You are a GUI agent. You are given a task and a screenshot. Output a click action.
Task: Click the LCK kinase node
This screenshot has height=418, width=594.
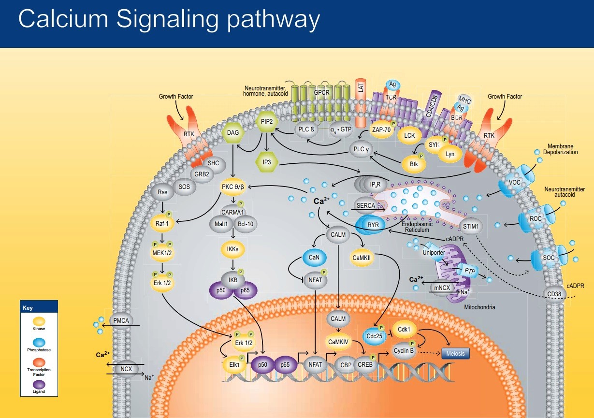tap(410, 136)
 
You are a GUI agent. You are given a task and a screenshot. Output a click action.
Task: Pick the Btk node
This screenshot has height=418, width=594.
tap(414, 164)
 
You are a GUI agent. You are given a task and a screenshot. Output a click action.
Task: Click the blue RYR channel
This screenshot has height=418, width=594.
tap(373, 225)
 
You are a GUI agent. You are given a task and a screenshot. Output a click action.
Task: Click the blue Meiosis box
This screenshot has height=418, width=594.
tap(455, 354)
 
